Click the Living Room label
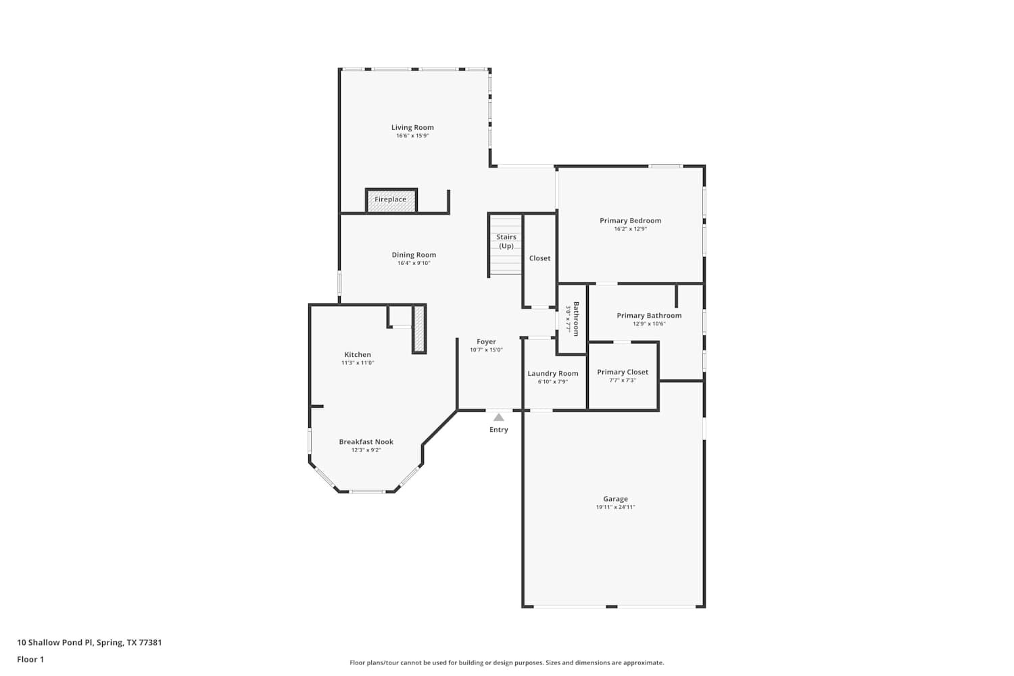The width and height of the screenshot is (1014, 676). (412, 127)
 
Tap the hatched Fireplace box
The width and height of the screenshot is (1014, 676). (391, 200)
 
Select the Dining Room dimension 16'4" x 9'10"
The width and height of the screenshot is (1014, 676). (414, 264)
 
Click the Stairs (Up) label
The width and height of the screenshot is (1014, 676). (506, 241)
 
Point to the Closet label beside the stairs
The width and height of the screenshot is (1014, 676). (539, 258)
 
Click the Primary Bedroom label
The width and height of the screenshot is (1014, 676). (630, 220)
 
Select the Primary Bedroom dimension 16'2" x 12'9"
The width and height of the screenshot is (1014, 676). (630, 229)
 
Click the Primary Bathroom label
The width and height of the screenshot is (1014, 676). (649, 316)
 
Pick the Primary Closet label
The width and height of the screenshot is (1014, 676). (623, 372)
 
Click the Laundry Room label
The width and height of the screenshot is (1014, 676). (553, 373)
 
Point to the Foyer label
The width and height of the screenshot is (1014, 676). (486, 342)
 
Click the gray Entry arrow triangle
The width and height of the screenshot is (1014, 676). (499, 418)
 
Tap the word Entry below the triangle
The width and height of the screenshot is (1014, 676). (499, 430)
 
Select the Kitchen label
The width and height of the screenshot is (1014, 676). (358, 355)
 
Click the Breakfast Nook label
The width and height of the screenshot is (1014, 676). (366, 442)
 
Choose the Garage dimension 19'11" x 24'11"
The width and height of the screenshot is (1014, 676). (615, 508)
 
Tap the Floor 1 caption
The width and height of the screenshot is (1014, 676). (30, 659)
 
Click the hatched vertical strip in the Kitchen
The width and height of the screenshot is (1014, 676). (419, 329)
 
